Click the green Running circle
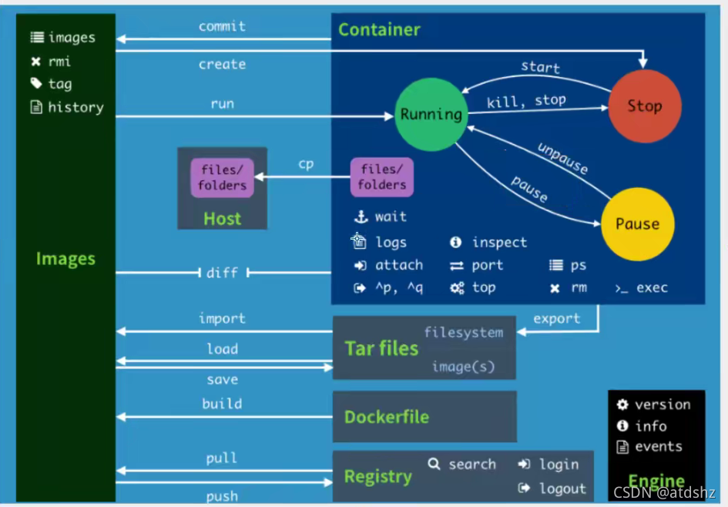click(x=431, y=114)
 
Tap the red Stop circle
click(x=645, y=106)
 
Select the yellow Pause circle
click(x=637, y=223)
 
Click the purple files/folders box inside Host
click(x=222, y=178)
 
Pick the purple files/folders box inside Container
click(x=381, y=177)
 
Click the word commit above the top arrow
click(x=222, y=26)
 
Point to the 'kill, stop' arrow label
click(x=526, y=101)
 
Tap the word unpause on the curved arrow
click(x=562, y=158)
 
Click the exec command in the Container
click(x=652, y=288)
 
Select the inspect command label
click(x=499, y=243)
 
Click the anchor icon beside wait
click(x=361, y=217)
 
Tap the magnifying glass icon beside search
click(x=434, y=464)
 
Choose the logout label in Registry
click(x=562, y=489)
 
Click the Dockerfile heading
click(x=387, y=417)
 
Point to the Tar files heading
click(x=381, y=348)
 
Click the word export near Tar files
click(x=557, y=318)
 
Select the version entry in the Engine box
click(x=663, y=405)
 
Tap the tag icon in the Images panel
click(x=36, y=83)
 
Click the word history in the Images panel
click(x=75, y=107)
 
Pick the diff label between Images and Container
click(x=222, y=273)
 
